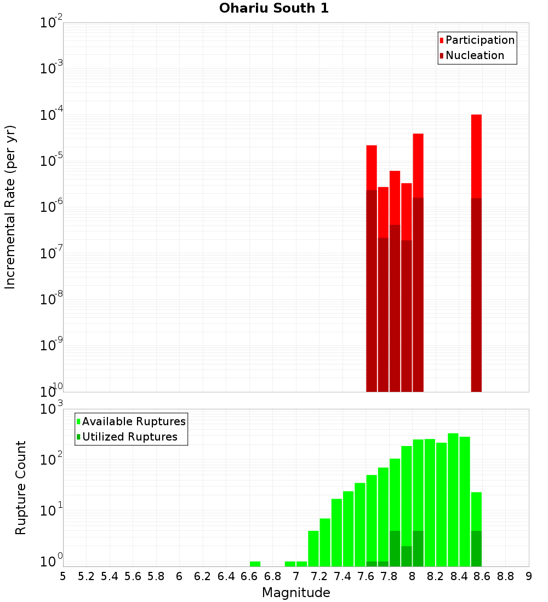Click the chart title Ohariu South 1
click(x=274, y=8)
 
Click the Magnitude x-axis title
click(x=296, y=593)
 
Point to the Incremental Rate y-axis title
click(x=10, y=207)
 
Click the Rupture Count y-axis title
click(x=21, y=487)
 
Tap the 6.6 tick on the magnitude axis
click(x=249, y=576)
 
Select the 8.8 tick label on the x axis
click(x=505, y=576)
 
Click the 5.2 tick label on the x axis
click(x=87, y=576)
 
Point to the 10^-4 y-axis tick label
click(x=51, y=115)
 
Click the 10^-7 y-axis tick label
click(x=51, y=253)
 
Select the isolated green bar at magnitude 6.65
click(x=255, y=564)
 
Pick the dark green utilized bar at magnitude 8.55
click(x=476, y=548)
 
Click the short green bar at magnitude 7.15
click(x=313, y=548)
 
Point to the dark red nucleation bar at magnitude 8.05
click(x=418, y=296)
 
